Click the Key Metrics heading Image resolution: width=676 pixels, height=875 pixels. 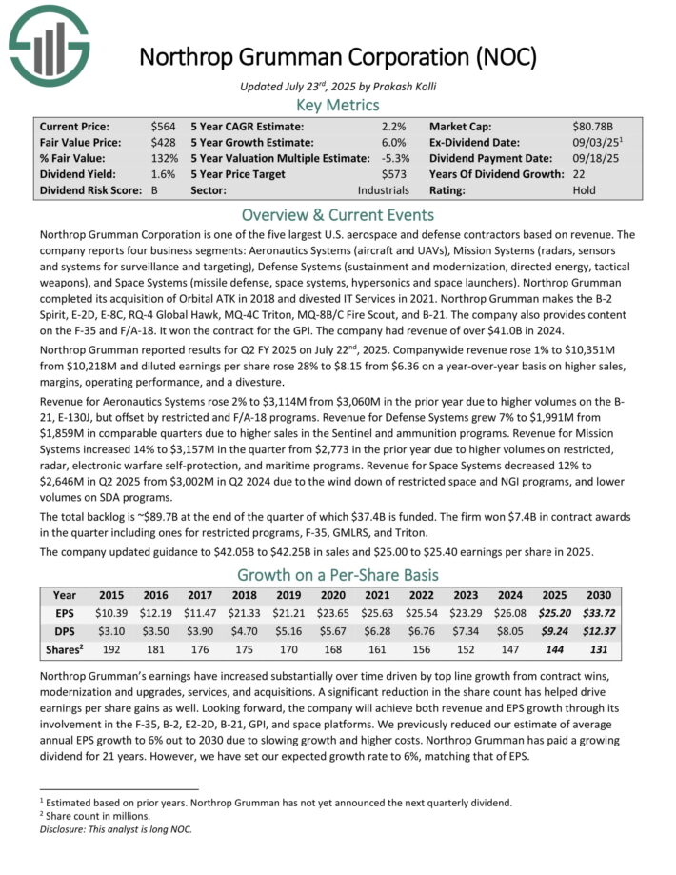pyautogui.click(x=337, y=104)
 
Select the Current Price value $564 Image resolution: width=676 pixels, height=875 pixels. pyautogui.click(x=163, y=126)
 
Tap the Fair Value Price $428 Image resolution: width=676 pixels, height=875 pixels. pyautogui.click(x=163, y=142)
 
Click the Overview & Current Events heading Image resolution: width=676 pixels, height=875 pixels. pyautogui.click(x=337, y=214)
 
